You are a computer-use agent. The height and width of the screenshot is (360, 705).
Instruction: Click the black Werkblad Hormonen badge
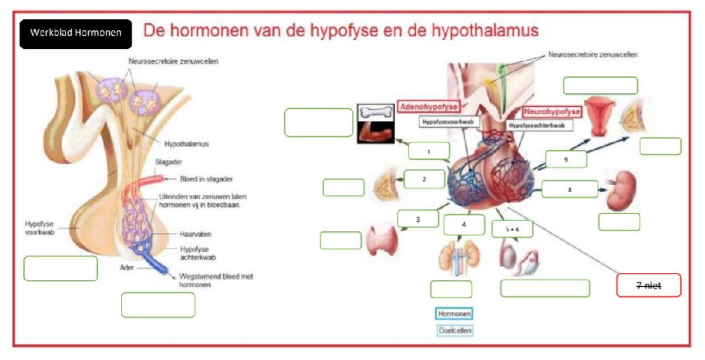point(76,33)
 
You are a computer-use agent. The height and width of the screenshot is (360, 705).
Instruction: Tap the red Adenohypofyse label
point(428,107)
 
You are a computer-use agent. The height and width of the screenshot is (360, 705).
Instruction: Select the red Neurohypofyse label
point(552,111)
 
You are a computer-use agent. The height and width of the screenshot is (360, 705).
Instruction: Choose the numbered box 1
point(429,152)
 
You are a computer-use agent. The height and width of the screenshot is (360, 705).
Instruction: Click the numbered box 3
point(418,219)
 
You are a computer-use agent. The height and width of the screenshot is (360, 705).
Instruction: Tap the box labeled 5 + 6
point(512,229)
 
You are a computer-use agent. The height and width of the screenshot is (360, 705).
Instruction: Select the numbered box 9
point(566,159)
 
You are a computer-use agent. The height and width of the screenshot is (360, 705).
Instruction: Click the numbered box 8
point(569,189)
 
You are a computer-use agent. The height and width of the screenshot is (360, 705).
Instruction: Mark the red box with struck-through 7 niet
point(649,285)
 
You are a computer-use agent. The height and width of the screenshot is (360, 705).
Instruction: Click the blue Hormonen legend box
point(454,314)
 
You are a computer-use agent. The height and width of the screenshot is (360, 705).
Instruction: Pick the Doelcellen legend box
point(455,330)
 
